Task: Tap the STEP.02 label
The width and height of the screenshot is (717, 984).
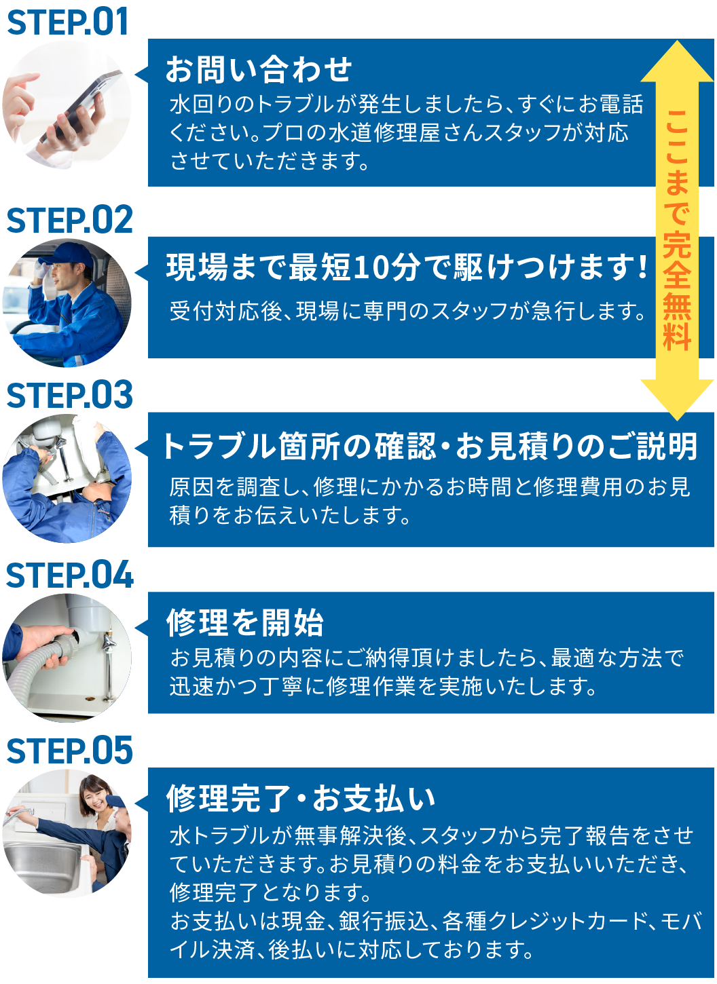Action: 69,220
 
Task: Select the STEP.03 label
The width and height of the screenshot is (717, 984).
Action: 69,395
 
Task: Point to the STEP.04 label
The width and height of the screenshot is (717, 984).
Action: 69,575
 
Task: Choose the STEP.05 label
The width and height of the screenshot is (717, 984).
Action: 69,750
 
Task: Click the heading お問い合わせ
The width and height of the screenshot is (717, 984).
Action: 259,69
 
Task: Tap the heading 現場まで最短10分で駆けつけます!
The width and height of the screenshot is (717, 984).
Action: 406,267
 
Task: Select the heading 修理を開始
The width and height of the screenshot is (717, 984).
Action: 244,622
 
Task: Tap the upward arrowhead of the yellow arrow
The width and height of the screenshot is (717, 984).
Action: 677,62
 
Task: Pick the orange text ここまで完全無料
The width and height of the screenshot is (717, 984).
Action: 677,230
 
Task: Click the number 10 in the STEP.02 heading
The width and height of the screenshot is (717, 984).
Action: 369,267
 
